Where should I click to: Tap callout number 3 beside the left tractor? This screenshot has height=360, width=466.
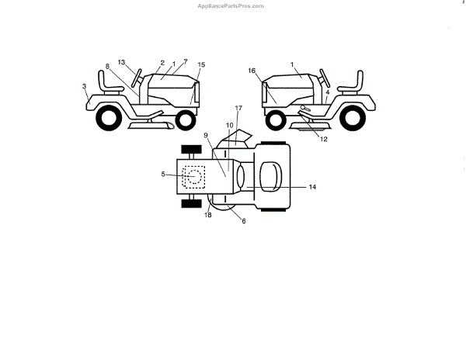[84, 87]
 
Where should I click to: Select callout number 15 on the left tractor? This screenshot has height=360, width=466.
[202, 64]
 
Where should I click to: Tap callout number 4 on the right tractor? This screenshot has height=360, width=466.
[329, 92]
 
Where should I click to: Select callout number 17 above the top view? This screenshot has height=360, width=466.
[238, 107]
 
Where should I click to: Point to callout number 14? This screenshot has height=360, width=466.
[312, 187]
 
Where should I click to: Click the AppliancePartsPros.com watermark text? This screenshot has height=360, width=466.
[231, 5]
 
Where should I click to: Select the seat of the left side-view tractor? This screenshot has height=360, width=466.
[105, 81]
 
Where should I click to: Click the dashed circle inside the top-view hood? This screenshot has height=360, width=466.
[195, 176]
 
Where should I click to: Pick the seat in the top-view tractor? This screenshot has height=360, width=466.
[270, 175]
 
